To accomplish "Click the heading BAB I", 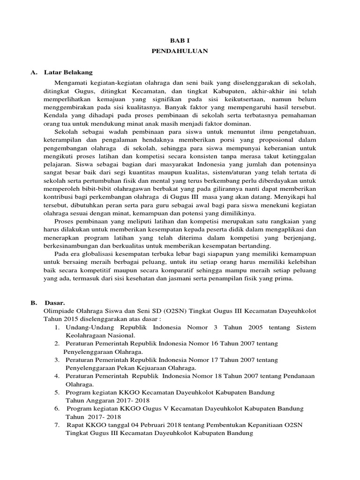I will pyautogui.click(x=180, y=41).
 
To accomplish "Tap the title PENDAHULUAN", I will pyautogui.click(x=180, y=52).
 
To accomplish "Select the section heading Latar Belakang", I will pyautogui.click(x=68, y=73).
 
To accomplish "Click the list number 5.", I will pyautogui.click(x=56, y=392).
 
